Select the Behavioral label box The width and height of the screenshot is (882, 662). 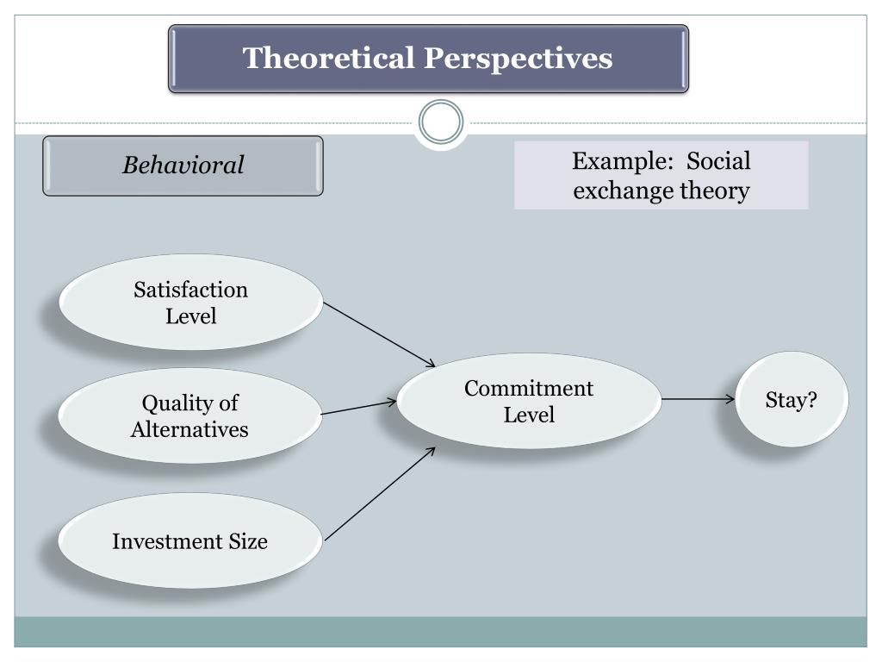pos(183,165)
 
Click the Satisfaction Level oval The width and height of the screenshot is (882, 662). pos(190,303)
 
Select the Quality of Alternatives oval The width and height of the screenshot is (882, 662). pos(189,415)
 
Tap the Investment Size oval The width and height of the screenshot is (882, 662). pos(189,541)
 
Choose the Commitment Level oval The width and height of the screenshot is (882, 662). pos(529,401)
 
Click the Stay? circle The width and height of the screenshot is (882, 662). pos(792,400)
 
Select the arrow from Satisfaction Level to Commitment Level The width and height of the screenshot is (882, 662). pos(380,334)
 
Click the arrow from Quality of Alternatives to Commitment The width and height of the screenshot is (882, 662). pos(359,407)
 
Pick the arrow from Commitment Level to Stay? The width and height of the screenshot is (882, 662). pos(699,399)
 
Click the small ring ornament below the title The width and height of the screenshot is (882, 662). pos(441,122)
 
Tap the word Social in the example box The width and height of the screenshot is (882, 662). pos(718,161)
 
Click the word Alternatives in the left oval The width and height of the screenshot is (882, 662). pos(189,429)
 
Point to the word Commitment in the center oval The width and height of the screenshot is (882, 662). pos(529,388)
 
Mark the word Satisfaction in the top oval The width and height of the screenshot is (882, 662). pos(190,290)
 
